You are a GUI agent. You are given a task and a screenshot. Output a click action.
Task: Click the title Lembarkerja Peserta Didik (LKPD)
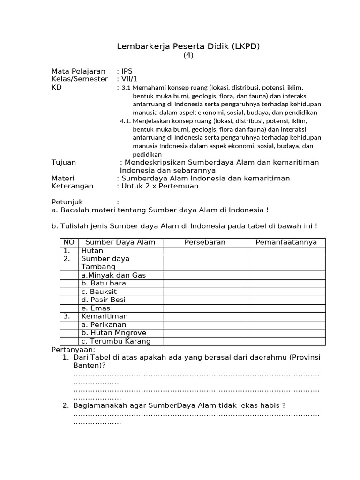tap(187, 46)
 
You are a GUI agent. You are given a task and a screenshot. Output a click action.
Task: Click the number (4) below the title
tap(187, 55)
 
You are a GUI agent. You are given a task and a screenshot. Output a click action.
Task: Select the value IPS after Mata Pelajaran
tap(127, 71)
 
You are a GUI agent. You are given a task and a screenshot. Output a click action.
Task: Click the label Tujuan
tap(63, 162)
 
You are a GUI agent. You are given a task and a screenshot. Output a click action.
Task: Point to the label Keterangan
tap(72, 186)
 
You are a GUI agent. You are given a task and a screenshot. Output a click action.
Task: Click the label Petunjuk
tap(67, 202)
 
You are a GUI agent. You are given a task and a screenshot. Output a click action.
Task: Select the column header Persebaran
tap(205, 242)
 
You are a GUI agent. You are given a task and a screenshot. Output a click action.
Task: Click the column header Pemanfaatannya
tap(286, 242)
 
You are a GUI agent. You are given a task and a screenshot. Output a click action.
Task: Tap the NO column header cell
tap(69, 242)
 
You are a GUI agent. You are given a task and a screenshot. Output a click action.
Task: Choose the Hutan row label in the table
tap(92, 251)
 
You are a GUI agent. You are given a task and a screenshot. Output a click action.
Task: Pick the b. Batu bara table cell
tap(104, 283)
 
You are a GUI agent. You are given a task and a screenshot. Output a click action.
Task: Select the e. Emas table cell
tap(96, 308)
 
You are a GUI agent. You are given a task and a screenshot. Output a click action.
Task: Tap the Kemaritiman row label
tap(104, 316)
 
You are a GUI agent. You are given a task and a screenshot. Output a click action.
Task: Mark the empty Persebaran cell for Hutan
tap(205, 251)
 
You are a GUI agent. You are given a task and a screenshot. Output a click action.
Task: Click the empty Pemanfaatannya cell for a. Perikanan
tap(286, 324)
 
